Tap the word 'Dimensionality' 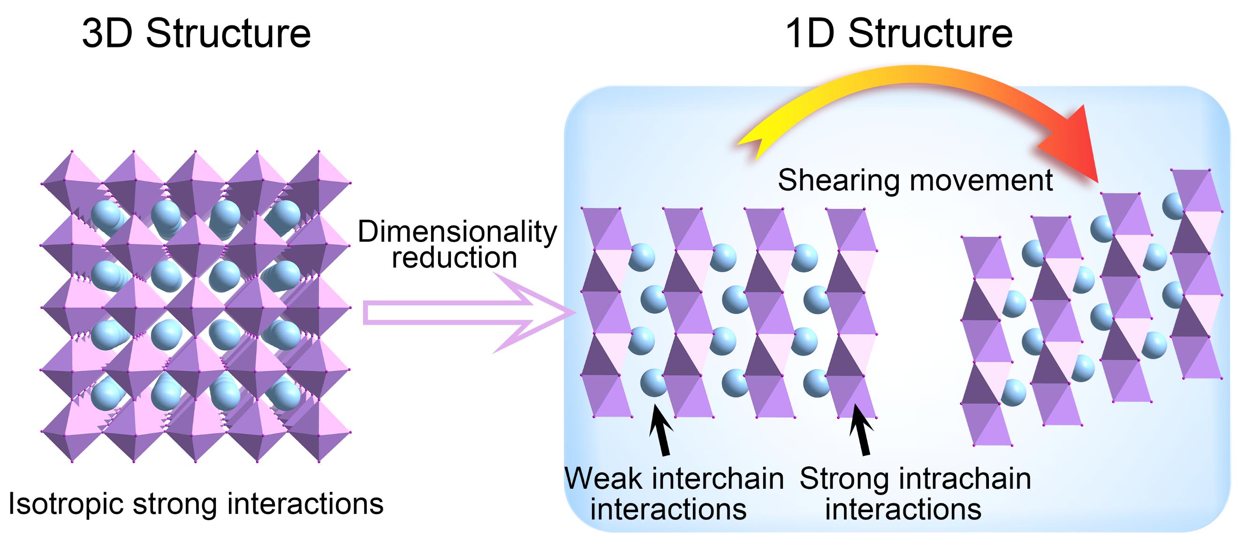[x=457, y=232]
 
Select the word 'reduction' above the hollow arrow [x=454, y=258]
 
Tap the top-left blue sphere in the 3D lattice [x=106, y=214]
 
